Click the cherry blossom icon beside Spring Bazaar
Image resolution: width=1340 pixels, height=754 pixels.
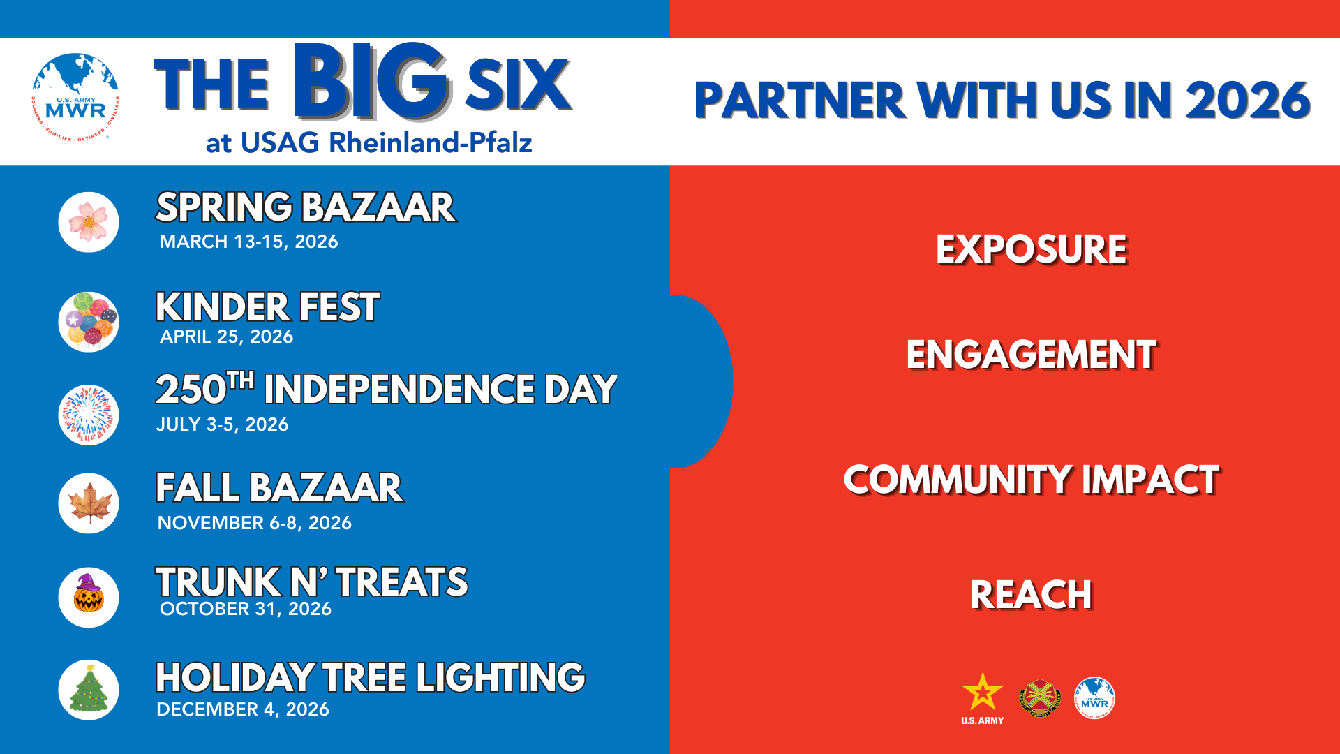tap(89, 222)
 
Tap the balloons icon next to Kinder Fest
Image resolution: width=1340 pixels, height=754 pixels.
tap(89, 322)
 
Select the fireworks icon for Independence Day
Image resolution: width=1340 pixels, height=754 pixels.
tap(89, 415)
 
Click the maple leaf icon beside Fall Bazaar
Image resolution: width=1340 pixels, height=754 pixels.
tap(89, 503)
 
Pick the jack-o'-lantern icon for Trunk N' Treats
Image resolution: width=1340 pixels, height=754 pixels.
tap(89, 597)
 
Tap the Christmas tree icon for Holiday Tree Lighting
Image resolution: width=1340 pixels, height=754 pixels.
tap(89, 690)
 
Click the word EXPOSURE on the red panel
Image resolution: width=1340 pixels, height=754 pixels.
tap(1032, 249)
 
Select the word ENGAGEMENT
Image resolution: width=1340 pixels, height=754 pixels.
tap(1032, 355)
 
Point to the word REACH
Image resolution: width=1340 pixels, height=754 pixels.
tap(1032, 595)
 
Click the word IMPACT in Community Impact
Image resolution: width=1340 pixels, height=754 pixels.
tap(1151, 480)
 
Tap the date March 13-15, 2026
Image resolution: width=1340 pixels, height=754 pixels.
tap(248, 242)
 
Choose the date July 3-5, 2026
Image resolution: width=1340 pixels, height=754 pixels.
tap(223, 424)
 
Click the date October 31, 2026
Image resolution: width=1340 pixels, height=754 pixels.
tap(246, 609)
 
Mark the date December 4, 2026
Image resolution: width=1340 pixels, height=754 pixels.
tap(243, 709)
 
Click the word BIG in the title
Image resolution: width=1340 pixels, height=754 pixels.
tap(370, 81)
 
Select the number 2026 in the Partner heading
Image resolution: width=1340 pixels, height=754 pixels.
tap(1249, 100)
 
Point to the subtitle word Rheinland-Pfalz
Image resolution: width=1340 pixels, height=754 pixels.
tap(431, 142)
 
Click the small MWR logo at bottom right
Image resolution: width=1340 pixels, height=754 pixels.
tap(1094, 697)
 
